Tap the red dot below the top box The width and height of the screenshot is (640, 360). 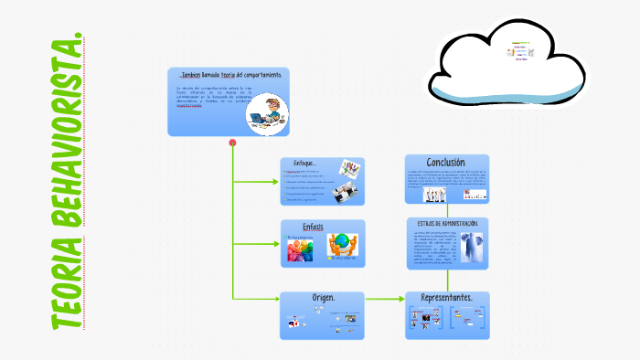[232, 143]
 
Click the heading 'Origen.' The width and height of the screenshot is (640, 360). [321, 298]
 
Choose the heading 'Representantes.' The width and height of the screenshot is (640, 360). [446, 298]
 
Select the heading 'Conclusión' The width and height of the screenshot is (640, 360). [446, 162]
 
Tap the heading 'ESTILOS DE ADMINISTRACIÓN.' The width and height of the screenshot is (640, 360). [447, 223]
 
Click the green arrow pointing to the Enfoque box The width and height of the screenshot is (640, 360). [272, 181]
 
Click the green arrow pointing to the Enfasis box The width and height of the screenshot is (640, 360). [272, 243]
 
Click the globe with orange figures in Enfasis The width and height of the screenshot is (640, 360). [342, 245]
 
